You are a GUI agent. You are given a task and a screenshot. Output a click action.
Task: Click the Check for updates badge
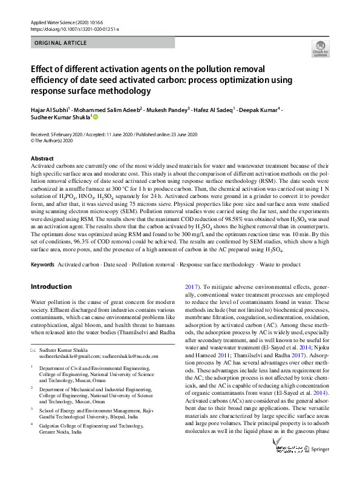coord(320,49)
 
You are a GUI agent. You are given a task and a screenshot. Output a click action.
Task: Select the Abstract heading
coord(42,159)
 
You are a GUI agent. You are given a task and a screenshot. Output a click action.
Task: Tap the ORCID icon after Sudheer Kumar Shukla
coord(95,118)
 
